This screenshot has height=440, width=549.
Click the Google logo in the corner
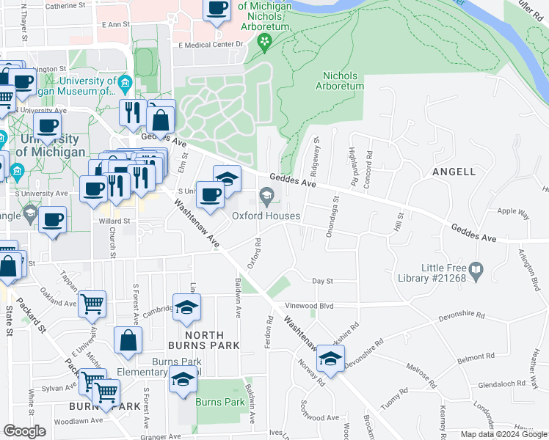coord(24,431)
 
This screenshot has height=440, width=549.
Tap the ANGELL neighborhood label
coord(454,172)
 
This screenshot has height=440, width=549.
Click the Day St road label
coord(322,281)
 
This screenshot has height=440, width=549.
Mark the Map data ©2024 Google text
coord(503,434)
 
